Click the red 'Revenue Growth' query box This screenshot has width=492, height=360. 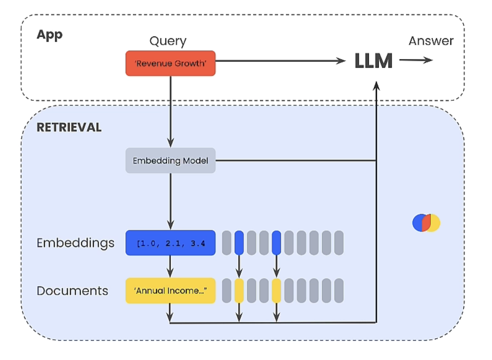pyautogui.click(x=171, y=63)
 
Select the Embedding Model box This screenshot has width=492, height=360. pyautogui.click(x=171, y=161)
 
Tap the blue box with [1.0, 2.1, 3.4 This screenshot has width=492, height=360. pyautogui.click(x=171, y=243)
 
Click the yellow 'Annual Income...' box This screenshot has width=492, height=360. pyautogui.click(x=171, y=291)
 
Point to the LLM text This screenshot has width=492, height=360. pyautogui.click(x=373, y=61)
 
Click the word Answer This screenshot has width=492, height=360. pyautogui.click(x=431, y=41)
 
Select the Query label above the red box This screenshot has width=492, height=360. pyautogui.click(x=168, y=41)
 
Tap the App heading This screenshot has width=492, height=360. pyautogui.click(x=50, y=35)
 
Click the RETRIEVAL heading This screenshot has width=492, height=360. pyautogui.click(x=69, y=127)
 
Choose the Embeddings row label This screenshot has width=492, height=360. pyautogui.click(x=75, y=243)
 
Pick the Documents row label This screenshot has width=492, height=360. pyautogui.click(x=73, y=291)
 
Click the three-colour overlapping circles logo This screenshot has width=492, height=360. pyautogui.click(x=426, y=223)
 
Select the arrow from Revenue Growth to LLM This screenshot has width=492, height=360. pyautogui.click(x=280, y=61)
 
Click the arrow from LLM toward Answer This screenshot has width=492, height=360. pyautogui.click(x=416, y=60)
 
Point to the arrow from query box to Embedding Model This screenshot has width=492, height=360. pyautogui.click(x=171, y=112)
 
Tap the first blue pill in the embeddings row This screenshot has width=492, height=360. pyautogui.click(x=239, y=243)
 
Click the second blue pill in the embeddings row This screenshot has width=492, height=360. pyautogui.click(x=276, y=243)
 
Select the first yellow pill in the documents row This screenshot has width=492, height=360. pyautogui.click(x=239, y=291)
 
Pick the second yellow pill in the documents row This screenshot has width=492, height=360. pyautogui.click(x=276, y=291)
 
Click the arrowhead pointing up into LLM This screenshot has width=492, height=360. pyautogui.click(x=376, y=86)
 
